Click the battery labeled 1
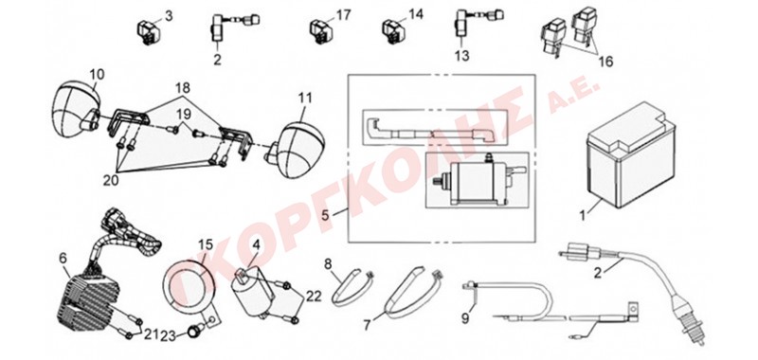[630, 154]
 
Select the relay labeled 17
[320, 31]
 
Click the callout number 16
[605, 62]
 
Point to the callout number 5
[326, 214]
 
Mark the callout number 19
[183, 115]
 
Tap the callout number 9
[465, 319]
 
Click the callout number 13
[462, 56]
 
